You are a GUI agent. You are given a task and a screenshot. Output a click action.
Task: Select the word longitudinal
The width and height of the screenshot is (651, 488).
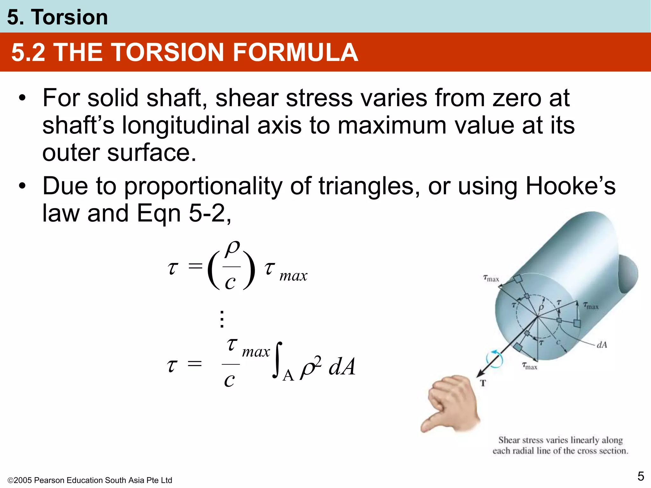point(187,125)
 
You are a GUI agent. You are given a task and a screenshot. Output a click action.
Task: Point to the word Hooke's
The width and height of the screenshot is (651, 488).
point(571,186)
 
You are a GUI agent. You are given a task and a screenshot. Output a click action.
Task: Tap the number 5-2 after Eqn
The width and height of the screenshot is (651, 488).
point(207,213)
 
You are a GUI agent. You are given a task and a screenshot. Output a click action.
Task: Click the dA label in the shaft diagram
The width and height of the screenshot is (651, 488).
point(602,345)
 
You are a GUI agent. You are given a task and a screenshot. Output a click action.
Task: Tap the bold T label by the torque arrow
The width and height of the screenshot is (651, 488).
point(483,383)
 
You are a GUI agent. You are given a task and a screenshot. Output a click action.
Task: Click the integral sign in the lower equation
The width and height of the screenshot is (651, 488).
point(277,361)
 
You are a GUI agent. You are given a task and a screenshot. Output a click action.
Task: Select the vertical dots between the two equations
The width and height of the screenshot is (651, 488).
point(222,319)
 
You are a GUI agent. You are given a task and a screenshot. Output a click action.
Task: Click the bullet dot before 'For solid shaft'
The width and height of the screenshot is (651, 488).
point(22,98)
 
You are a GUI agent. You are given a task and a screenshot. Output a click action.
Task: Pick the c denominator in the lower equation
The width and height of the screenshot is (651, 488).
point(229,380)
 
